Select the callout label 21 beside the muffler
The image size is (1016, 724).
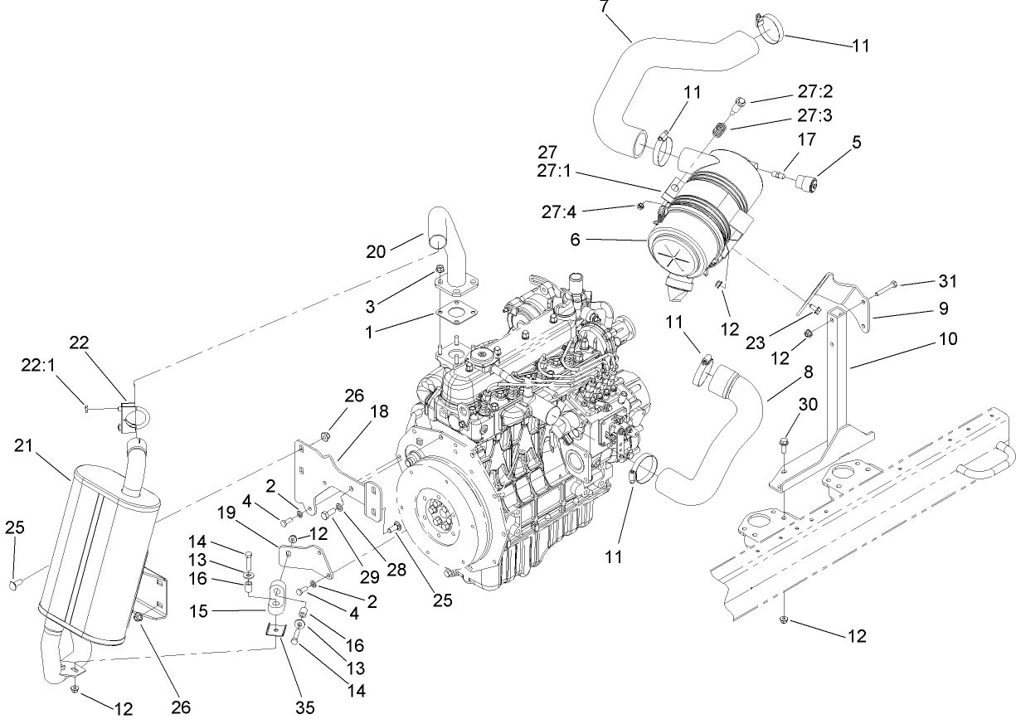[x=24, y=448]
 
